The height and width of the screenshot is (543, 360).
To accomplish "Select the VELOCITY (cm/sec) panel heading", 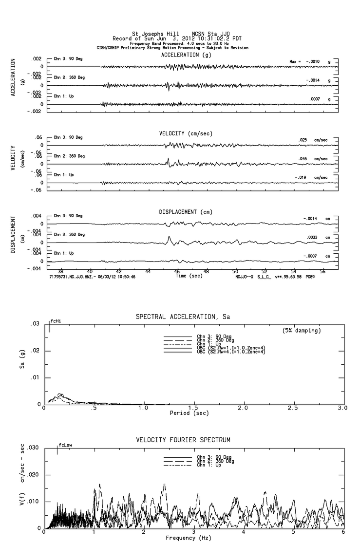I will [186, 133].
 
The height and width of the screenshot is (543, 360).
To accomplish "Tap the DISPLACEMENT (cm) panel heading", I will [186, 212].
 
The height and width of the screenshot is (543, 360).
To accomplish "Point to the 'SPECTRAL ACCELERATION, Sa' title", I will [182, 317].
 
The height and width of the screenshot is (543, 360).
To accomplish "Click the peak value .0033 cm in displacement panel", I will [312, 237].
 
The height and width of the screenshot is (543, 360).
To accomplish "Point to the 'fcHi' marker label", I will [55, 321].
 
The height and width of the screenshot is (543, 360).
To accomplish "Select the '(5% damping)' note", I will [302, 331].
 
